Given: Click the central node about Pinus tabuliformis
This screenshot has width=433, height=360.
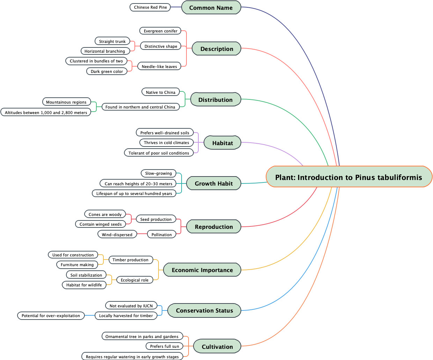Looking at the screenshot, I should [x=349, y=177].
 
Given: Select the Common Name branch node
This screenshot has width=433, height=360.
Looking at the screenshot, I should [x=211, y=7].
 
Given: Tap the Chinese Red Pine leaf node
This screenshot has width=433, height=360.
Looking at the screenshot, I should [x=150, y=7].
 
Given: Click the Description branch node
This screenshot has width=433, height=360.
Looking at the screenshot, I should [x=216, y=48].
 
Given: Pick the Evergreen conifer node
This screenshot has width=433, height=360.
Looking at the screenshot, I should [x=160, y=31].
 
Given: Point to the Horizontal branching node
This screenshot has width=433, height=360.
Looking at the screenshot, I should [x=105, y=51].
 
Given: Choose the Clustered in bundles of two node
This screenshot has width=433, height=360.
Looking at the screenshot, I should [x=96, y=61].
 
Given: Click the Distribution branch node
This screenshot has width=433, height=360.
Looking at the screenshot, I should [x=215, y=99].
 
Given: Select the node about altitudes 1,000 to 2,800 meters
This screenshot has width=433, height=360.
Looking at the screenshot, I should [x=46, y=112].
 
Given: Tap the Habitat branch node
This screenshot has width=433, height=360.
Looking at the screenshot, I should [x=222, y=143].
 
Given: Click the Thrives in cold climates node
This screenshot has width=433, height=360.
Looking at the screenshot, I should [x=166, y=142].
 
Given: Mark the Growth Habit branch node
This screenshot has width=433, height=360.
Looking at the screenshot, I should [x=213, y=183].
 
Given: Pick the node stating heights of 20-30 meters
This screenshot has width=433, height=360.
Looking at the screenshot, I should [x=138, y=183].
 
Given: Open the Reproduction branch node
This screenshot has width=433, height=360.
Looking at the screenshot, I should [x=214, y=226].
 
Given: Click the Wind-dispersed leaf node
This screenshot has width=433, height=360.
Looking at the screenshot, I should [x=117, y=234].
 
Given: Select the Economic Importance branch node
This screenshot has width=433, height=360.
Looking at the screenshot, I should [x=202, y=270].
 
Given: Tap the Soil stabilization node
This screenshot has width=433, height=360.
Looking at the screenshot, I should [x=86, y=275].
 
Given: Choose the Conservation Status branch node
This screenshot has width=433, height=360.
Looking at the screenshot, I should [x=204, y=310].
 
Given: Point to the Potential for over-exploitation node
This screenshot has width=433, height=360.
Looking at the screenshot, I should [x=51, y=315].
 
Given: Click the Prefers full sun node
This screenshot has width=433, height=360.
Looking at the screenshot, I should [x=164, y=346].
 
